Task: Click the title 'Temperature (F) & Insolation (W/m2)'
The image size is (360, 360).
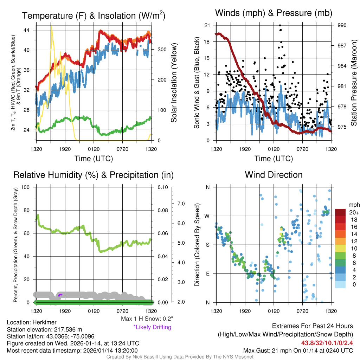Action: click(94, 15)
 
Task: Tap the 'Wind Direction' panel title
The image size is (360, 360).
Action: click(274, 175)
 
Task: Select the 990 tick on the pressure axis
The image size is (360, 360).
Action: click(342, 25)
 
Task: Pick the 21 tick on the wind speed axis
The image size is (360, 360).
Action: click(207, 25)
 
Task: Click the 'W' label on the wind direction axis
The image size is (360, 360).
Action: click(207, 216)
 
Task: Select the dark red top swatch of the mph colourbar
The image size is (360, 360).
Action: click(341, 212)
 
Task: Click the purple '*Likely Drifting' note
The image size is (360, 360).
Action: click(152, 327)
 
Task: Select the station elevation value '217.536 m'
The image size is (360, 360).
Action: click(69, 329)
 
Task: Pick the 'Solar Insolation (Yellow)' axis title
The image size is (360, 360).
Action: click(174, 83)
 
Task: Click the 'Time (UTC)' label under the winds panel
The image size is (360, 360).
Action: click(274, 159)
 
